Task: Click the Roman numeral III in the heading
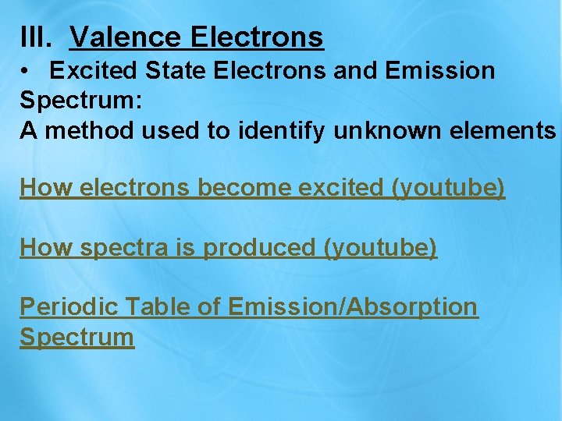pyautogui.click(x=34, y=37)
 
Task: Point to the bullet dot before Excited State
pyautogui.click(x=27, y=71)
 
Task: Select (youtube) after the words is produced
pyautogui.click(x=379, y=248)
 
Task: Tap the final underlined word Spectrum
pyautogui.click(x=76, y=338)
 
